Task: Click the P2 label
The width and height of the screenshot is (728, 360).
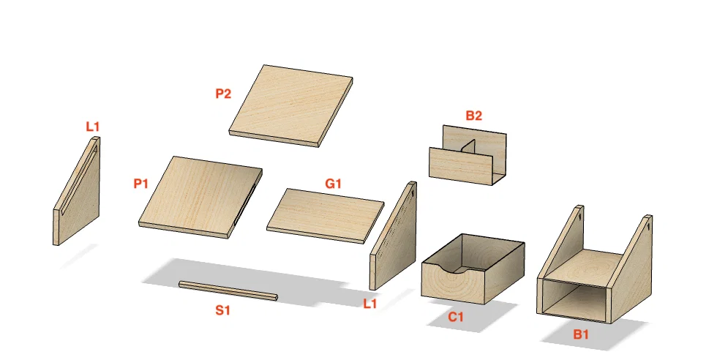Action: click(223, 94)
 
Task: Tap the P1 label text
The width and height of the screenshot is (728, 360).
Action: click(140, 184)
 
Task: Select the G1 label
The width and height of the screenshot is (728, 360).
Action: click(334, 184)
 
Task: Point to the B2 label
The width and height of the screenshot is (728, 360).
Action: click(473, 116)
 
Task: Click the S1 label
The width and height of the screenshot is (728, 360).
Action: click(223, 310)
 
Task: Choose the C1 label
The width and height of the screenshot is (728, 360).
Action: click(456, 318)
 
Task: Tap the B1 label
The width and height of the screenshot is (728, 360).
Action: click(581, 334)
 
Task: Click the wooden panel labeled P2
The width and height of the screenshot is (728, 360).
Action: click(291, 106)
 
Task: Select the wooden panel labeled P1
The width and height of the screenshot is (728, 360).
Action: click(200, 197)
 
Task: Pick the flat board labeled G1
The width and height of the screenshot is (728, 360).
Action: click(326, 216)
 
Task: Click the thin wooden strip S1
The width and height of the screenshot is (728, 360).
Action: click(228, 290)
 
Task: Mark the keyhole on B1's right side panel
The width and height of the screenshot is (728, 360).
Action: click(648, 227)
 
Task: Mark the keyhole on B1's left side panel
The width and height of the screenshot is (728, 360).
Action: click(580, 216)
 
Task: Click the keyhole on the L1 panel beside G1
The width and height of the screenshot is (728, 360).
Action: click(412, 194)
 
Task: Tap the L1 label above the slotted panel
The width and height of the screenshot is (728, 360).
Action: click(93, 127)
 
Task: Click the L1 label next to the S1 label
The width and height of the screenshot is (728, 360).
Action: click(369, 304)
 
